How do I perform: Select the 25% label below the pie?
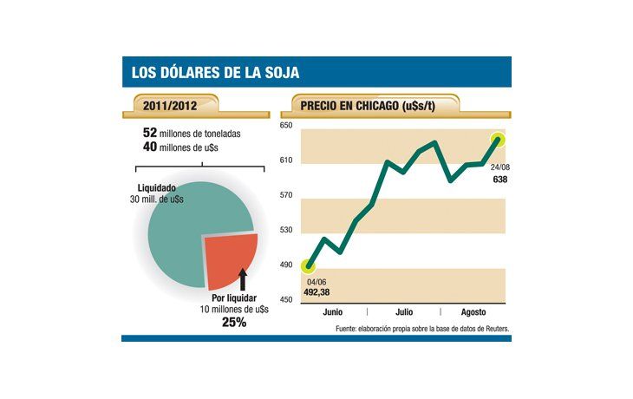coord(234,322)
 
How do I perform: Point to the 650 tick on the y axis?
coord(285,127)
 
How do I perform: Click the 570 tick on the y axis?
coord(285,196)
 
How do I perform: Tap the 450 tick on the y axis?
coord(285,299)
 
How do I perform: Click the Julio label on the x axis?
coord(404,311)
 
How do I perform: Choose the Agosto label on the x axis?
coord(473,311)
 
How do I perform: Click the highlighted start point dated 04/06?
coord(308,265)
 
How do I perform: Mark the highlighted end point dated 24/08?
coord(499,139)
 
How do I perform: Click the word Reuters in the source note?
coord(490,329)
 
